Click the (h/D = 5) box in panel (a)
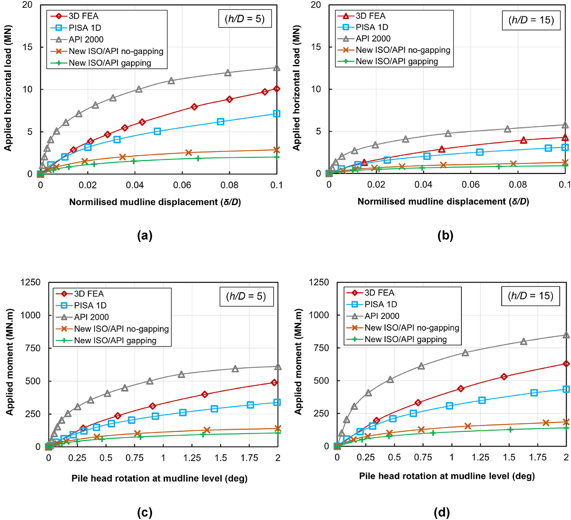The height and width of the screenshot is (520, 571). (245, 19)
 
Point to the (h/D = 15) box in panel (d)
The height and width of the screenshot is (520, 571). (530, 296)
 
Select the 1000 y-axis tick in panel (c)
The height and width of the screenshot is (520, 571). (30, 315)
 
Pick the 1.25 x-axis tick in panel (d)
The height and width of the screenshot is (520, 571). (480, 457)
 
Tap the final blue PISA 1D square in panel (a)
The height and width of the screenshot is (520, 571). (277, 114)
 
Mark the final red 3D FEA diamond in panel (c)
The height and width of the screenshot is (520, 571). (274, 383)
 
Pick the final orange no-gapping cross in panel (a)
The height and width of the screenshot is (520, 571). (277, 150)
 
